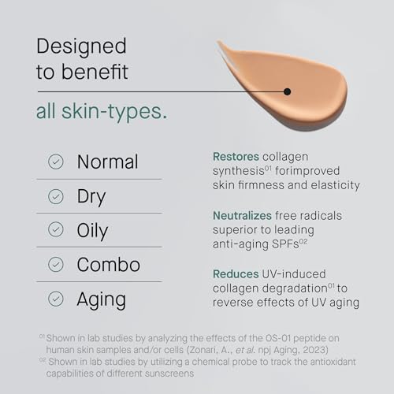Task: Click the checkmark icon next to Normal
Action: pyautogui.click(x=55, y=162)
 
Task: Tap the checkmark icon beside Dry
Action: pyautogui.click(x=55, y=196)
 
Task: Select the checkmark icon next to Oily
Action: pyautogui.click(x=55, y=230)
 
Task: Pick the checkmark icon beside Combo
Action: pyautogui.click(x=55, y=264)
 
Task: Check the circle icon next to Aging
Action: pyautogui.click(x=55, y=299)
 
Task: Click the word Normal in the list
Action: pyautogui.click(x=107, y=162)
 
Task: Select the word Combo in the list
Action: pyautogui.click(x=109, y=264)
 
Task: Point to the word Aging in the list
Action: pyautogui.click(x=101, y=299)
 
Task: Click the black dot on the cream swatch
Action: pyautogui.click(x=288, y=91)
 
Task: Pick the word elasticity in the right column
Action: pyautogui.click(x=331, y=185)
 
